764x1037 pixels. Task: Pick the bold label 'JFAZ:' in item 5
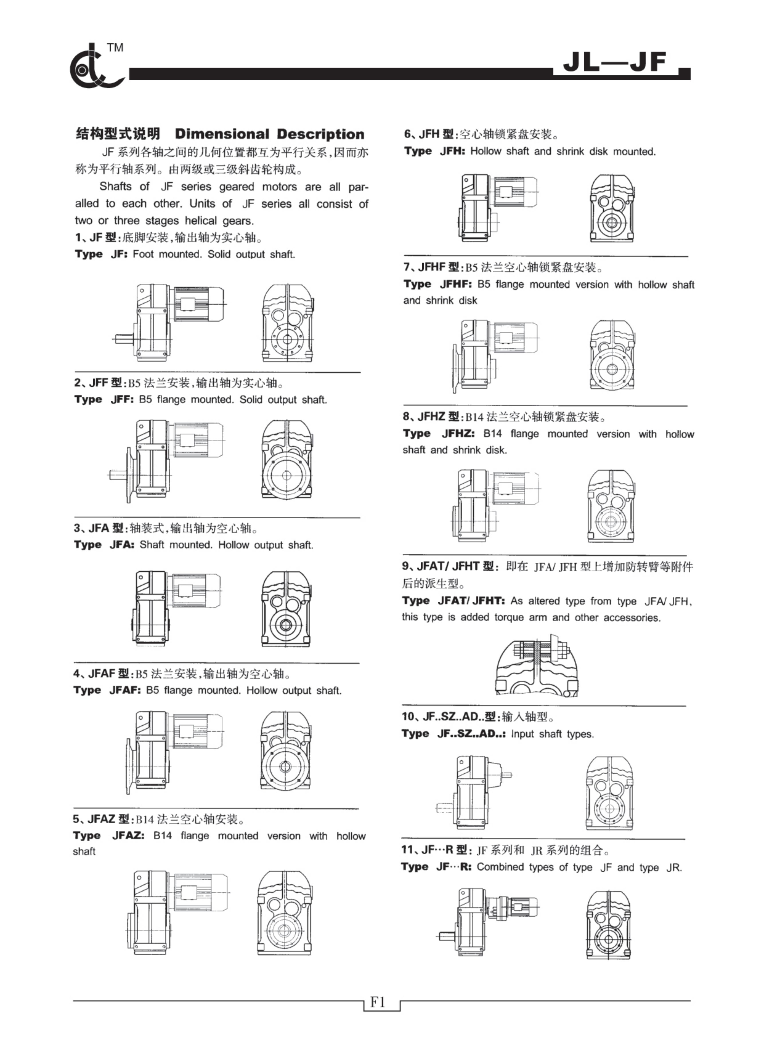tap(128, 836)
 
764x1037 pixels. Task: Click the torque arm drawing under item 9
tap(537, 669)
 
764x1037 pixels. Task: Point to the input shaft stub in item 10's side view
tap(507, 775)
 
